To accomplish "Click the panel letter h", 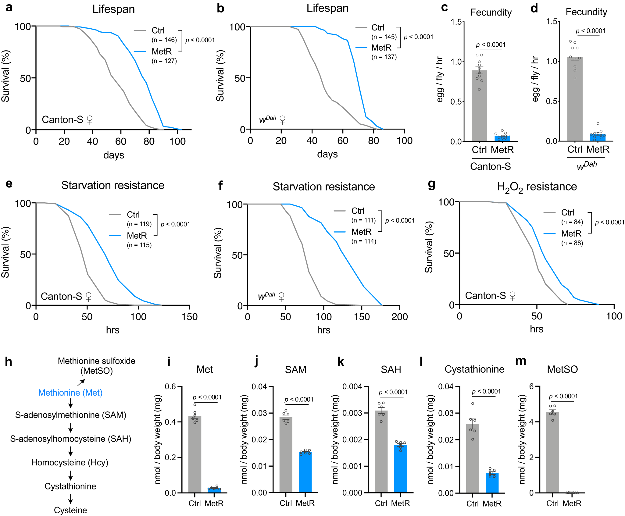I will tap(9, 362).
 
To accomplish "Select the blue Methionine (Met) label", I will tap(70, 393).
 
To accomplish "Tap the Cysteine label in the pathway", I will tap(70, 510).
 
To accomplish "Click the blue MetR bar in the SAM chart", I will tap(305, 472).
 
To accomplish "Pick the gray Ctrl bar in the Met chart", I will tap(195, 454).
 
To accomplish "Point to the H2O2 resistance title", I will tap(537, 187).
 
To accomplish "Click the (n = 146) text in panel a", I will tap(164, 40).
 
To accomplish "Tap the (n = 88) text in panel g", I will tap(572, 243).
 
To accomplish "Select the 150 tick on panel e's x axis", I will tap(189, 317).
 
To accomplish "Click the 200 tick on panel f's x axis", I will tap(399, 317).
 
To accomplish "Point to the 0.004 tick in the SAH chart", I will tap(352, 386).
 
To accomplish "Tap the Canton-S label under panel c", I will tap(490, 166).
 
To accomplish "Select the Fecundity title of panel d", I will tap(586, 12).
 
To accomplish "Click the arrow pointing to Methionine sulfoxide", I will tap(81, 382).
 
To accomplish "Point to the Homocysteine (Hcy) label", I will tap(70, 462).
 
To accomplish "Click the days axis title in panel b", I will tap(327, 154).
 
